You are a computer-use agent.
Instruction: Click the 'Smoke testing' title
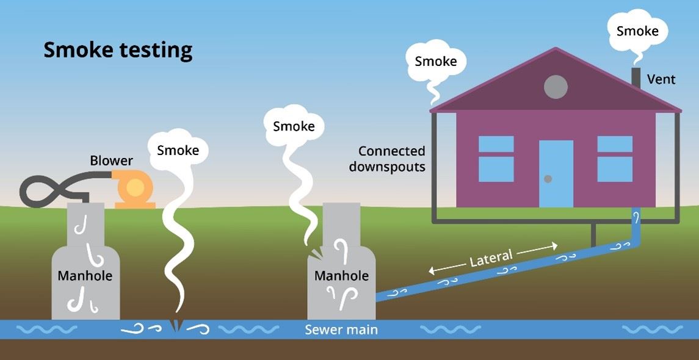(x=118, y=50)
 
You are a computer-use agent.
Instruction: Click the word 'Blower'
(x=111, y=161)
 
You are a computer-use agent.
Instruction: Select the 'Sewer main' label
(x=341, y=330)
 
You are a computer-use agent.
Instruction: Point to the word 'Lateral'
(x=491, y=258)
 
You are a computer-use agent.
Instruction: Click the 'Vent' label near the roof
(x=661, y=79)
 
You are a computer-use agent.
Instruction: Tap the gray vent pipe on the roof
(x=636, y=78)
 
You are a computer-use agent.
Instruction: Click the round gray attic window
(x=556, y=87)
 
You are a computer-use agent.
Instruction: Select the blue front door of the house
(x=556, y=173)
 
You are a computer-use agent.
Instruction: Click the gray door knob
(x=548, y=179)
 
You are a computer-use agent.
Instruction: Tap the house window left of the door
(x=496, y=159)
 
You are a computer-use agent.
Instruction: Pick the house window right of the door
(x=615, y=159)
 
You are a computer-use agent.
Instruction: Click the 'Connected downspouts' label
(x=391, y=159)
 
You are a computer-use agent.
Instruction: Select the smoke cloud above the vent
(x=637, y=30)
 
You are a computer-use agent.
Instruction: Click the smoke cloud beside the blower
(x=178, y=149)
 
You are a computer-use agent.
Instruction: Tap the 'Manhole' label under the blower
(x=85, y=276)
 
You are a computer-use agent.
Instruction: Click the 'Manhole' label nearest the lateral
(x=341, y=276)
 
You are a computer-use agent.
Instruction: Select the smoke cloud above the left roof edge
(x=435, y=62)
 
